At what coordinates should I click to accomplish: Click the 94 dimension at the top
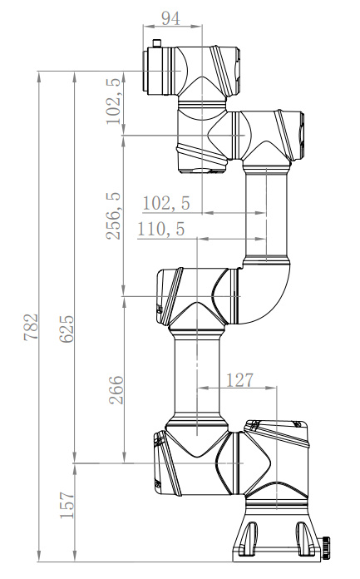tap(171, 18)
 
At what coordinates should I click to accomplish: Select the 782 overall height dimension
tap(31, 327)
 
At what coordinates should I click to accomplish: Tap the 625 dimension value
tap(67, 329)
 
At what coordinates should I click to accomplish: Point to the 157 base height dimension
tap(67, 505)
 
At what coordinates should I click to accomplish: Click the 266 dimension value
tap(116, 389)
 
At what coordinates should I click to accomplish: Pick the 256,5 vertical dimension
tap(114, 216)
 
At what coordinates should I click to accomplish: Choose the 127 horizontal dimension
tap(239, 380)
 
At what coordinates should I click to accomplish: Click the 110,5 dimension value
tap(161, 229)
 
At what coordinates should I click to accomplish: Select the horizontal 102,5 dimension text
tap(166, 203)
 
